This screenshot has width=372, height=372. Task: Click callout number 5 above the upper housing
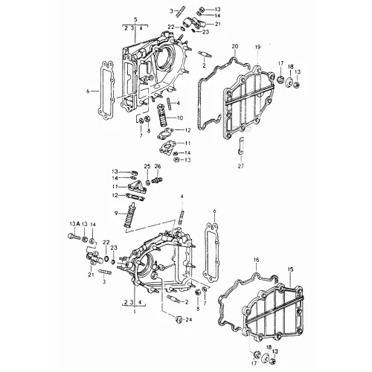point(135,19)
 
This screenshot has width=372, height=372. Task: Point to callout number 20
point(235,46)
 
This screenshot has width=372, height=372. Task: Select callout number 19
point(257,47)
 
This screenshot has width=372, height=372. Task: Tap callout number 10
point(180,118)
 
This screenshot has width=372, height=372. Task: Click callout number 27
point(241,166)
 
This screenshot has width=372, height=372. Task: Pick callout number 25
point(147,166)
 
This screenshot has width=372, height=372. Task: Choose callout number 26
point(158,166)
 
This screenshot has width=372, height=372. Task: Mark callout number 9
point(116,213)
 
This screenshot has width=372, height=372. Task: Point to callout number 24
point(189,320)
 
